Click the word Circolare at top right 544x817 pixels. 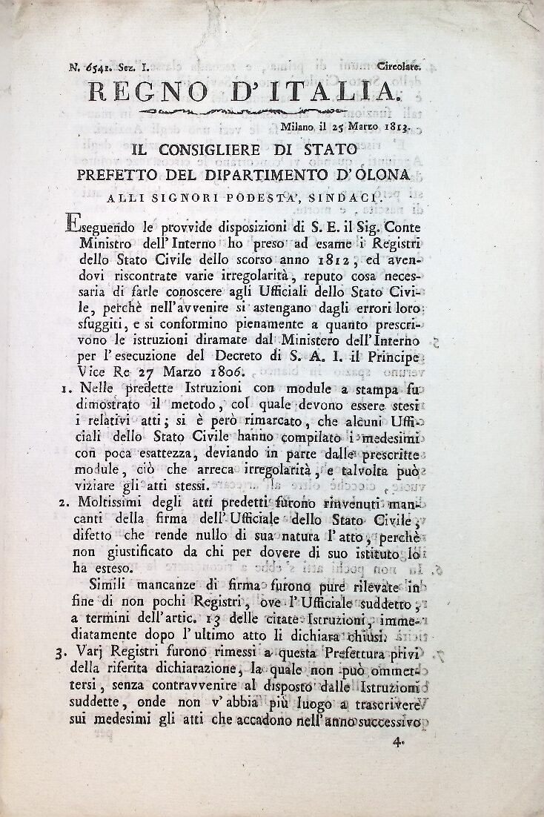point(399,67)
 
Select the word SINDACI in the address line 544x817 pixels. point(345,198)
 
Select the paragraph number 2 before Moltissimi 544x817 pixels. point(60,503)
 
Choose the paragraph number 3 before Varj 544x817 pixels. point(59,654)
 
